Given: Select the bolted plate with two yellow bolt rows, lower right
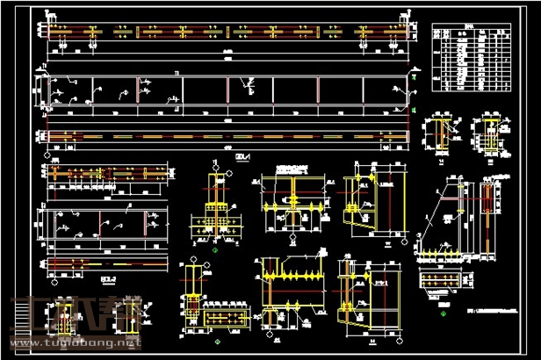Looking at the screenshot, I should coord(442,280).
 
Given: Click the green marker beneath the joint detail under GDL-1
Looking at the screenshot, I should coord(213,251).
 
